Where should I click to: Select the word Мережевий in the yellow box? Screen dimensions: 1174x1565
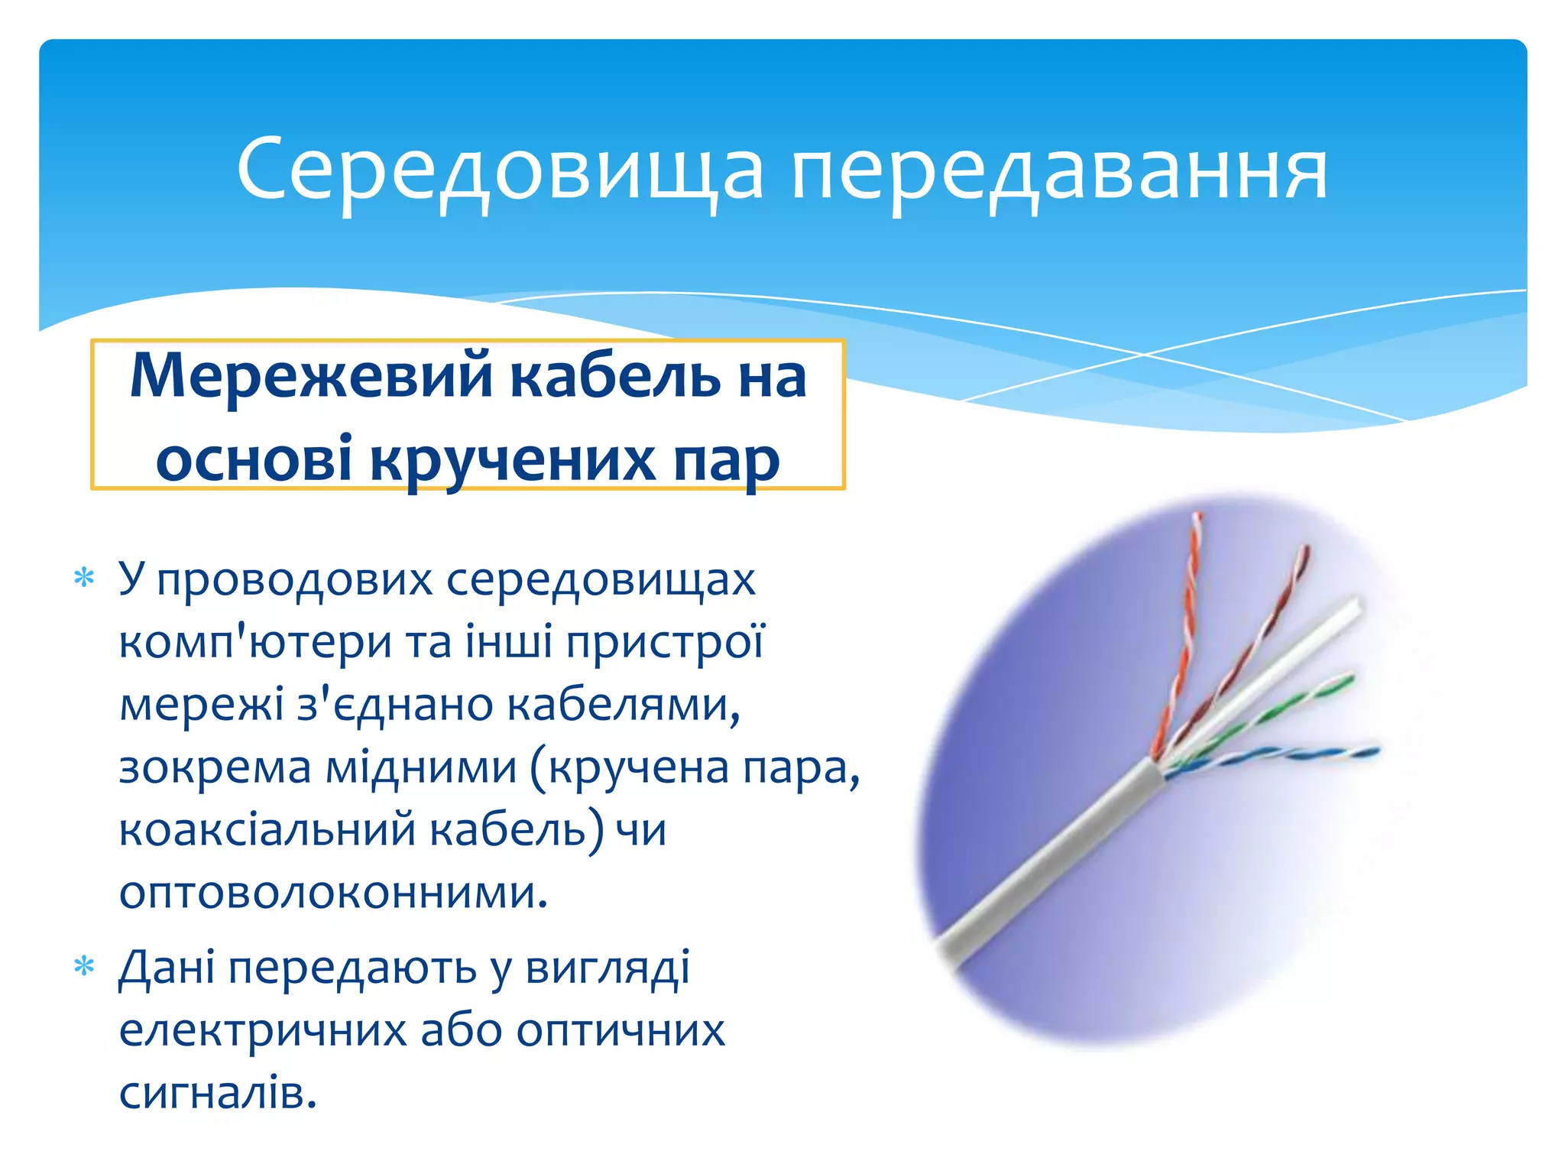[311, 376]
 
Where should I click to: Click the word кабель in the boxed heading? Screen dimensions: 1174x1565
[614, 376]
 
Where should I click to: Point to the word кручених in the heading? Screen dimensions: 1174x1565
[513, 459]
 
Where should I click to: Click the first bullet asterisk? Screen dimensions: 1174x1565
[84, 579]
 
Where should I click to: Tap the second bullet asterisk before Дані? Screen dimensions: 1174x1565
[84, 968]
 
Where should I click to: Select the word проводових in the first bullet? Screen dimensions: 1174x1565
[294, 579]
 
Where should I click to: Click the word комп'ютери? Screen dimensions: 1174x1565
[255, 642]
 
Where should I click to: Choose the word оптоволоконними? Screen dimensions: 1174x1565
[333, 892]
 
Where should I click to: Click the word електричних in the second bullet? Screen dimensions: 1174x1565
[263, 1030]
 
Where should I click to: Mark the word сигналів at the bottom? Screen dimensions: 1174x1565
[217, 1093]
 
